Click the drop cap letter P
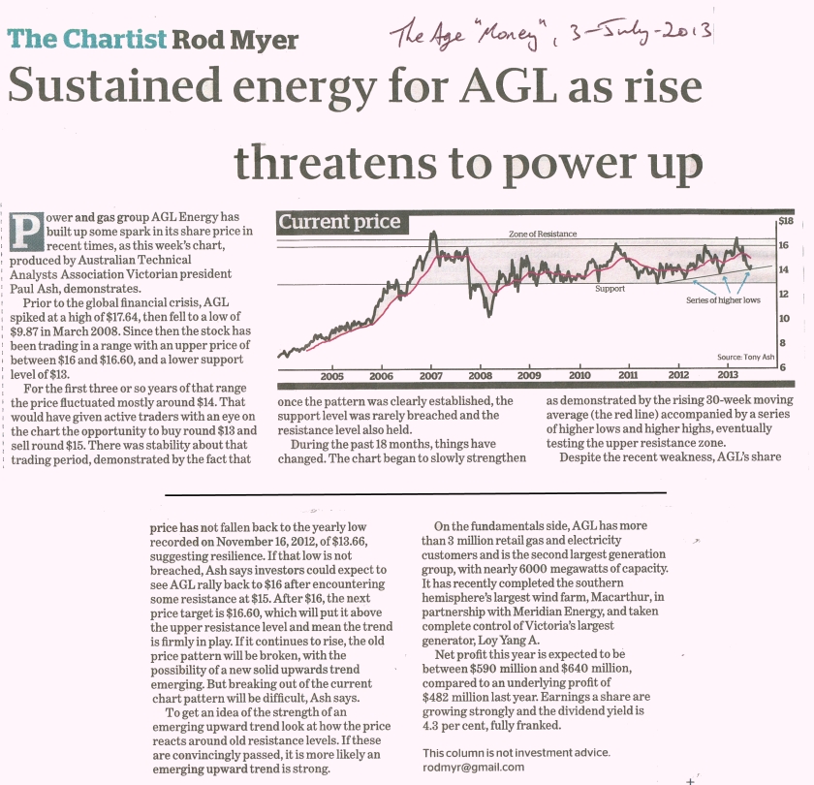26,232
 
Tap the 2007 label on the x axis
430,375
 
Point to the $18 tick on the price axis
786,221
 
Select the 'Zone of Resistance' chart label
543,234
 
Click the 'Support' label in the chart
610,289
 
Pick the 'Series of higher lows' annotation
723,300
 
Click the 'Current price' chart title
339,222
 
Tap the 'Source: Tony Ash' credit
745,357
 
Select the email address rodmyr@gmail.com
474,767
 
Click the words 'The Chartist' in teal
86,39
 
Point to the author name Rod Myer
235,40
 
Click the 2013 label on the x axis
728,375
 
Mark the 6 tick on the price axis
783,367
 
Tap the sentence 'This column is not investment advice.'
516,752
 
